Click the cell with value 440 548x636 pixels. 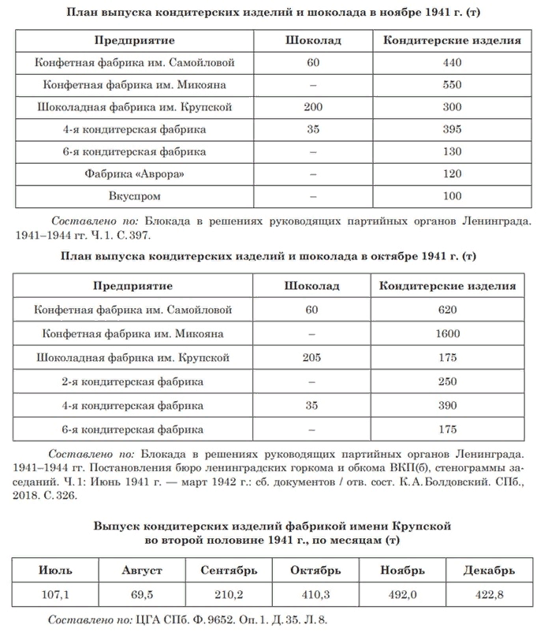[x=452, y=61]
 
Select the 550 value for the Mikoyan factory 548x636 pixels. [x=452, y=84]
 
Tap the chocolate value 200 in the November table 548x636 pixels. [x=313, y=106]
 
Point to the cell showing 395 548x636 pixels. [x=452, y=128]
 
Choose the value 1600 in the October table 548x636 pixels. [x=448, y=333]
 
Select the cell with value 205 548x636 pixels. [x=313, y=358]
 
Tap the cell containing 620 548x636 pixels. [x=448, y=310]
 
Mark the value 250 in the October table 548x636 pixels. [x=448, y=381]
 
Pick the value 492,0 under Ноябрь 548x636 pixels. [x=402, y=593]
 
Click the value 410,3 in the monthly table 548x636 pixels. [x=315, y=593]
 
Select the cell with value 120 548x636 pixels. [x=452, y=173]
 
